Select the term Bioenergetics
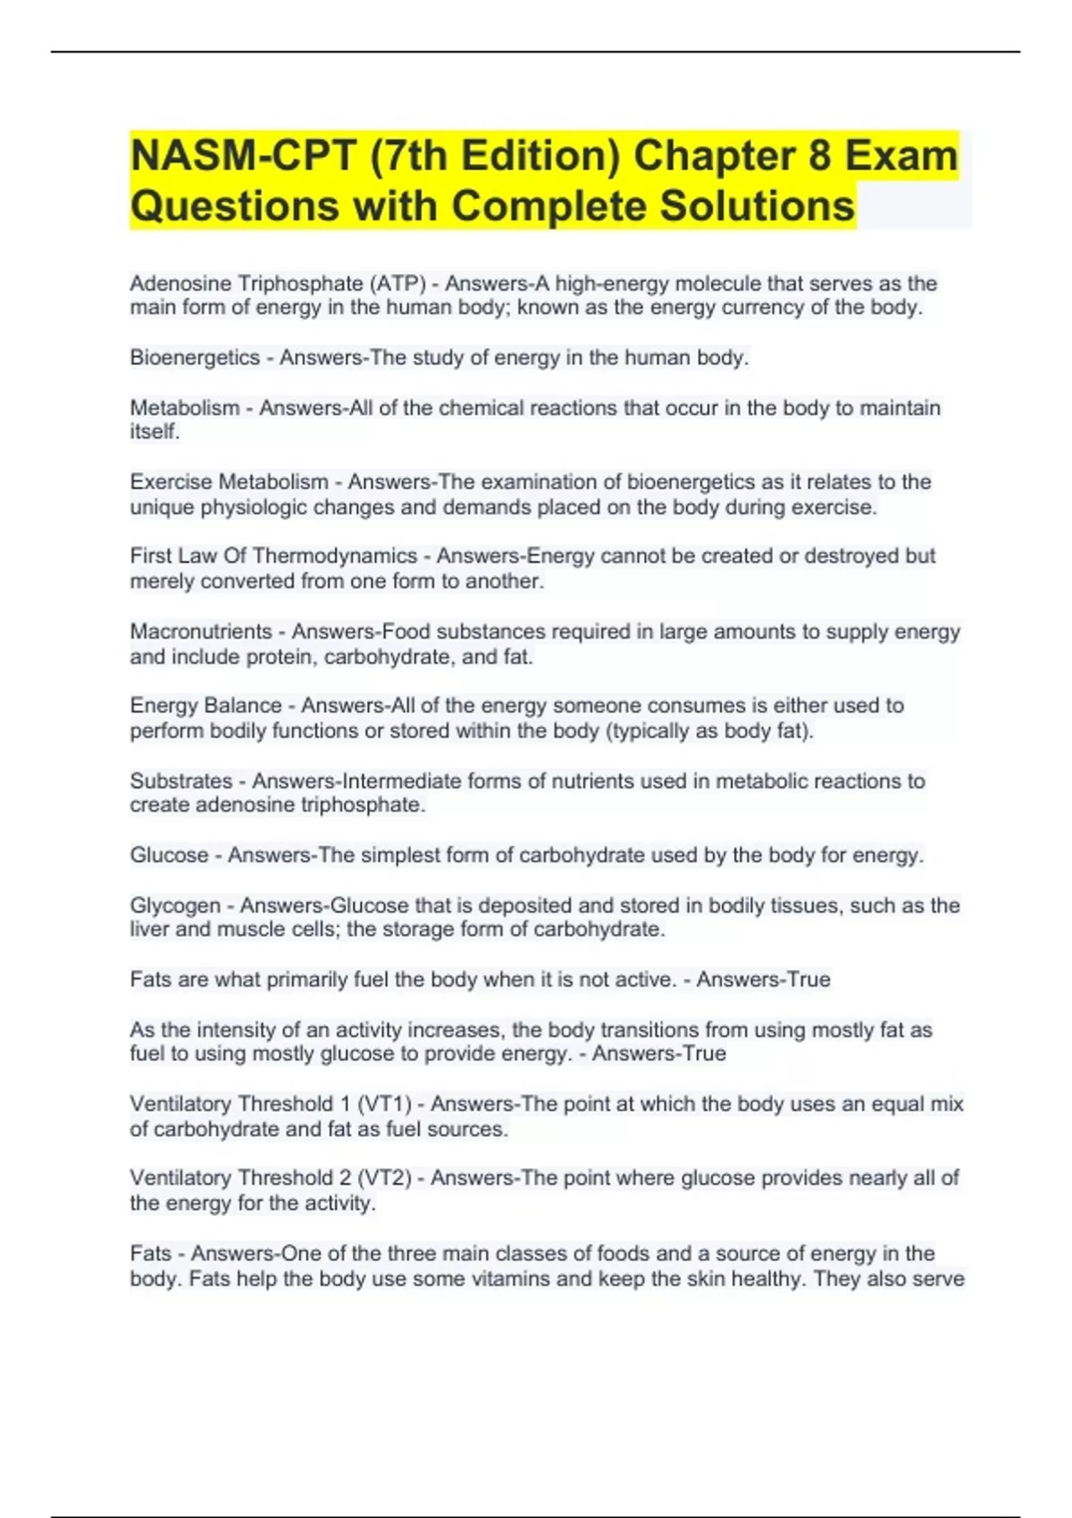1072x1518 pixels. (x=195, y=358)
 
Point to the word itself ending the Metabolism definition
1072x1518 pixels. (x=155, y=432)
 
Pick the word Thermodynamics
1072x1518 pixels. (x=335, y=556)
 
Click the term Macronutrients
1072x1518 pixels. (x=201, y=632)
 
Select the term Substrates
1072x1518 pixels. (x=181, y=781)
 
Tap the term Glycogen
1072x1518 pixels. (x=175, y=905)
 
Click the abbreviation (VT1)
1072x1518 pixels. (x=384, y=1105)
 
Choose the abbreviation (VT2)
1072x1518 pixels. (x=384, y=1179)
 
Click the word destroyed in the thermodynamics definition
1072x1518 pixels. (x=851, y=556)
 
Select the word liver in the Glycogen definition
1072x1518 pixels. (x=149, y=930)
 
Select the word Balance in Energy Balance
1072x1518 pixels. (x=246, y=705)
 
